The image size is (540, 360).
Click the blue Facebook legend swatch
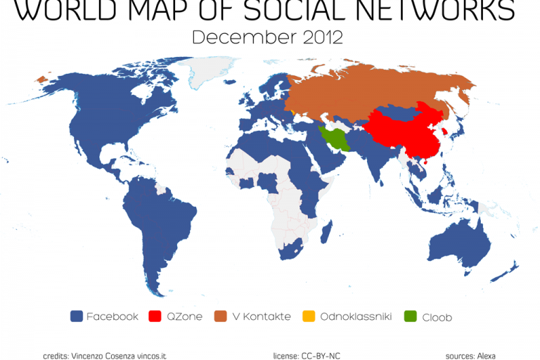tap(77, 316)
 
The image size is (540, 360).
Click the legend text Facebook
tap(112, 316)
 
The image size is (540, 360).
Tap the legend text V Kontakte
tap(261, 316)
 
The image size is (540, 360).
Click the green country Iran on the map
tap(337, 138)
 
